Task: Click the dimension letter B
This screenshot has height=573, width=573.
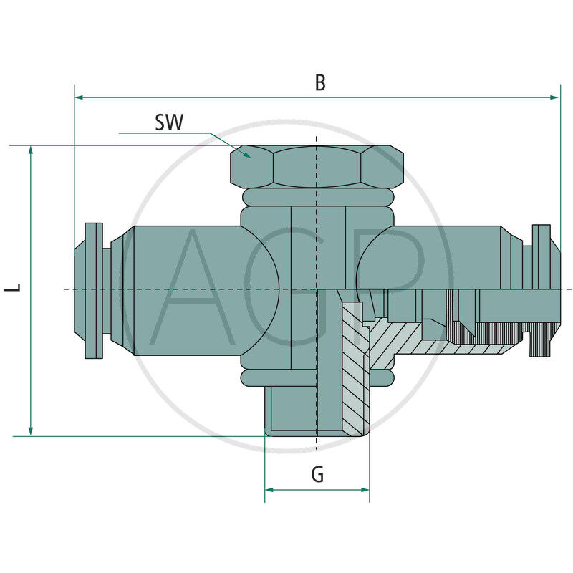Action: (x=320, y=82)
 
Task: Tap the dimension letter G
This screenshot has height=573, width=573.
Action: (x=317, y=474)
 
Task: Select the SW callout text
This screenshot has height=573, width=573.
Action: (x=169, y=122)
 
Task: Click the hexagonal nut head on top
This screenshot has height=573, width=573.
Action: (x=316, y=167)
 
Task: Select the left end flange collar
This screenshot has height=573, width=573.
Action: (x=93, y=290)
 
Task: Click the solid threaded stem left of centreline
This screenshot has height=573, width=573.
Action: (x=291, y=408)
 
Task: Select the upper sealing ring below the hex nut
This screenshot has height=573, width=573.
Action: (x=316, y=197)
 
